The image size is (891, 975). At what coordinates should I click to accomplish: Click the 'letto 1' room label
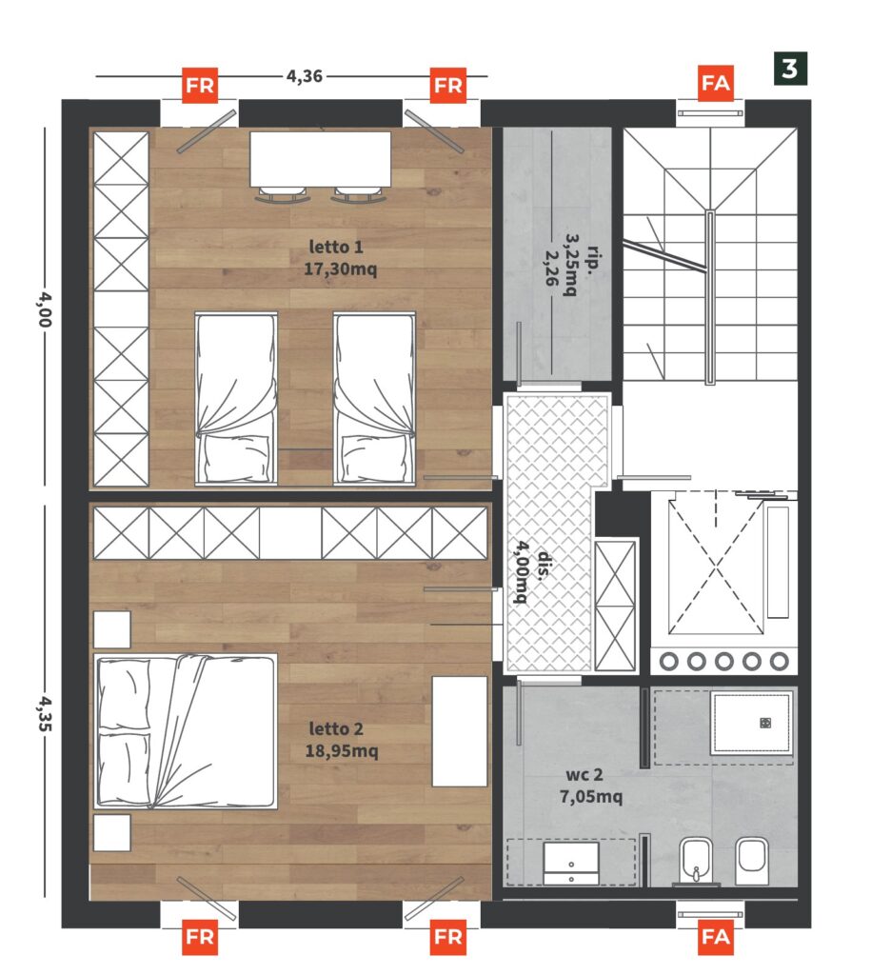click(336, 247)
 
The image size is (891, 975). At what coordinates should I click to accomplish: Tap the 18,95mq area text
click(342, 751)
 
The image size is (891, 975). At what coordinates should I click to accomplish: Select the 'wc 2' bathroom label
click(584, 775)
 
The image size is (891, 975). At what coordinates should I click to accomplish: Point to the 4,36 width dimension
click(304, 76)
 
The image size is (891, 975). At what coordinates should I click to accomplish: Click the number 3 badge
click(790, 69)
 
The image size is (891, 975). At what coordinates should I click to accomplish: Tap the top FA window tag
click(715, 83)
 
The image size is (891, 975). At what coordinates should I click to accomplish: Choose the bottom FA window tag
click(715, 937)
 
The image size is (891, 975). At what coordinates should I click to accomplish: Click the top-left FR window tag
click(200, 85)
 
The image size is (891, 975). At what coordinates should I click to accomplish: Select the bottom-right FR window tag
click(448, 937)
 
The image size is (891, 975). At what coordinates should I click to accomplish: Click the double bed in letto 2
click(186, 731)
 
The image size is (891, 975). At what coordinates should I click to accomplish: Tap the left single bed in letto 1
click(236, 398)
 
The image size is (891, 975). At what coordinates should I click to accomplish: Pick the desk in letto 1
click(320, 159)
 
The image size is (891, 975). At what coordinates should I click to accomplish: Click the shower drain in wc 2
click(765, 723)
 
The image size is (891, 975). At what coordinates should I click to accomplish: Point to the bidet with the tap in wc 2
click(697, 861)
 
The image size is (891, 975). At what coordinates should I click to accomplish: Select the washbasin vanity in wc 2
click(571, 863)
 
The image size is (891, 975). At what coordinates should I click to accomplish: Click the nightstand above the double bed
click(112, 629)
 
